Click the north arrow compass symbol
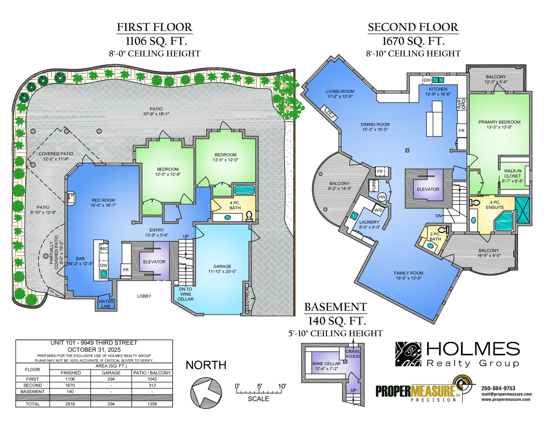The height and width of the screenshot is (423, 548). (206, 393)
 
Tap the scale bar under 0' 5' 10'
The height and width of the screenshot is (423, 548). (259, 392)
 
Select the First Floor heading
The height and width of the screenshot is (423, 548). (154, 27)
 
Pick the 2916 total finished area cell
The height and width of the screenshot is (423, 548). (70, 404)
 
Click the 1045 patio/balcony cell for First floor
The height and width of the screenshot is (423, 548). (152, 379)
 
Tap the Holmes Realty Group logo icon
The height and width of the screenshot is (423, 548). (408, 354)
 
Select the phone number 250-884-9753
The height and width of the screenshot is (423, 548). (498, 388)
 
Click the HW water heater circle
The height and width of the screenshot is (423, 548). (382, 197)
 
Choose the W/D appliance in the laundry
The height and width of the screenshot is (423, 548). (378, 210)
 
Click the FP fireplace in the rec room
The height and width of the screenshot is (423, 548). (71, 198)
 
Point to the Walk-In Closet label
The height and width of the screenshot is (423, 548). (512, 176)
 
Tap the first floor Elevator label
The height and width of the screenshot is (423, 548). (154, 262)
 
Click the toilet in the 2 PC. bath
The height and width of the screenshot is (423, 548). (443, 230)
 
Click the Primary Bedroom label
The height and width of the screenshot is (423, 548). (499, 125)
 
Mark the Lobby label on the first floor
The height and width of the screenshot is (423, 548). (144, 296)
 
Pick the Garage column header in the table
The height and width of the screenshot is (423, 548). (111, 373)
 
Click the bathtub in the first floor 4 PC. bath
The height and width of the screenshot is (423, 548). (244, 190)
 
